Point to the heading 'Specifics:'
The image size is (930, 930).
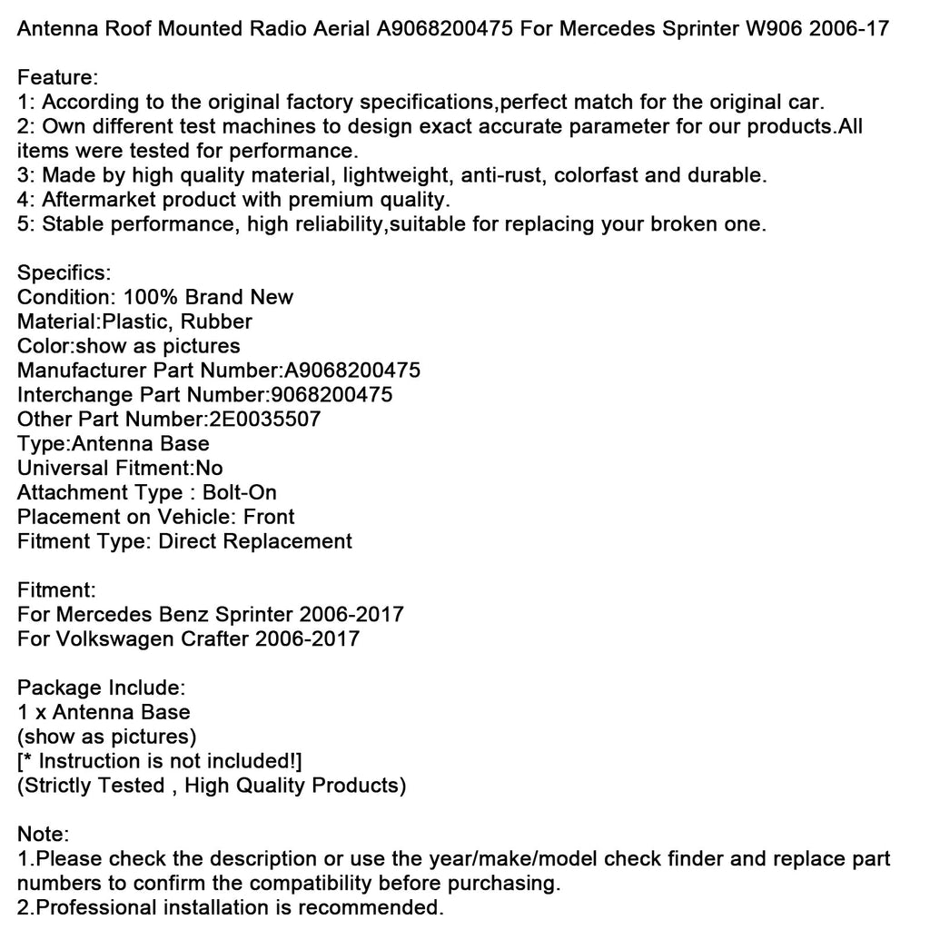pos(64,272)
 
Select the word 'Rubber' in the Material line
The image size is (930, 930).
pos(218,322)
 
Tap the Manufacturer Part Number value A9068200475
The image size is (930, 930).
pos(352,371)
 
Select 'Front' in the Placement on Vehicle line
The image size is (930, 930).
pos(269,518)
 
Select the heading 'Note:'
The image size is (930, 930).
pos(43,835)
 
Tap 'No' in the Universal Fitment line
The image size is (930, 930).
pos(210,469)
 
